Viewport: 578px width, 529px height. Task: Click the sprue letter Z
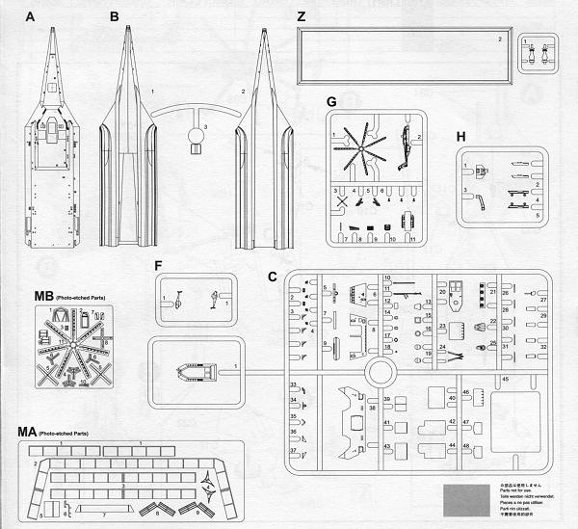302,16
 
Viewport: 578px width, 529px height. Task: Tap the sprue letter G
330,102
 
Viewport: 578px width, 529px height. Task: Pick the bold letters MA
28,431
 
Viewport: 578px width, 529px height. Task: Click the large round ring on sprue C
381,371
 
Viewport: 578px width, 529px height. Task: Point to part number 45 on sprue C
504,379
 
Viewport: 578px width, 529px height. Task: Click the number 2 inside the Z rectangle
499,40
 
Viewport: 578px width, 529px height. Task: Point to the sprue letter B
114,16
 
